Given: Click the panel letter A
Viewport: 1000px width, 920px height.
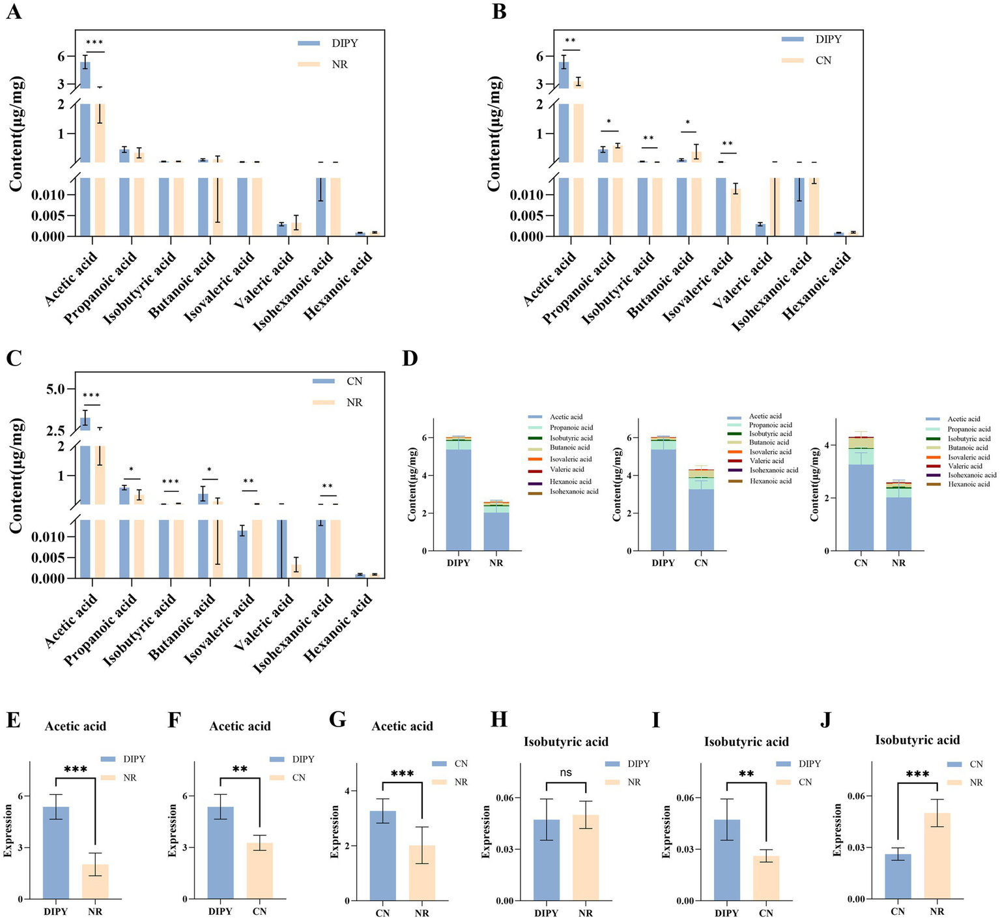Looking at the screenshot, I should click(14, 12).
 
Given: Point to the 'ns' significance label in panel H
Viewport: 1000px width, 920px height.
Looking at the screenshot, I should click(565, 772).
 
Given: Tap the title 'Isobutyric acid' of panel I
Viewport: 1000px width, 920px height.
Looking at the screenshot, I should click(746, 741).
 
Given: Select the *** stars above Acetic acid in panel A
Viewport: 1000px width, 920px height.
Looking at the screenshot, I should click(94, 43).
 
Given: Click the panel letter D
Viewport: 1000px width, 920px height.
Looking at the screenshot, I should click(410, 358).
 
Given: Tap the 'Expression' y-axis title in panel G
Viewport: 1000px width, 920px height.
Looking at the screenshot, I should click(335, 831).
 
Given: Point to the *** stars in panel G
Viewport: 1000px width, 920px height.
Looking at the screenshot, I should click(402, 773).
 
